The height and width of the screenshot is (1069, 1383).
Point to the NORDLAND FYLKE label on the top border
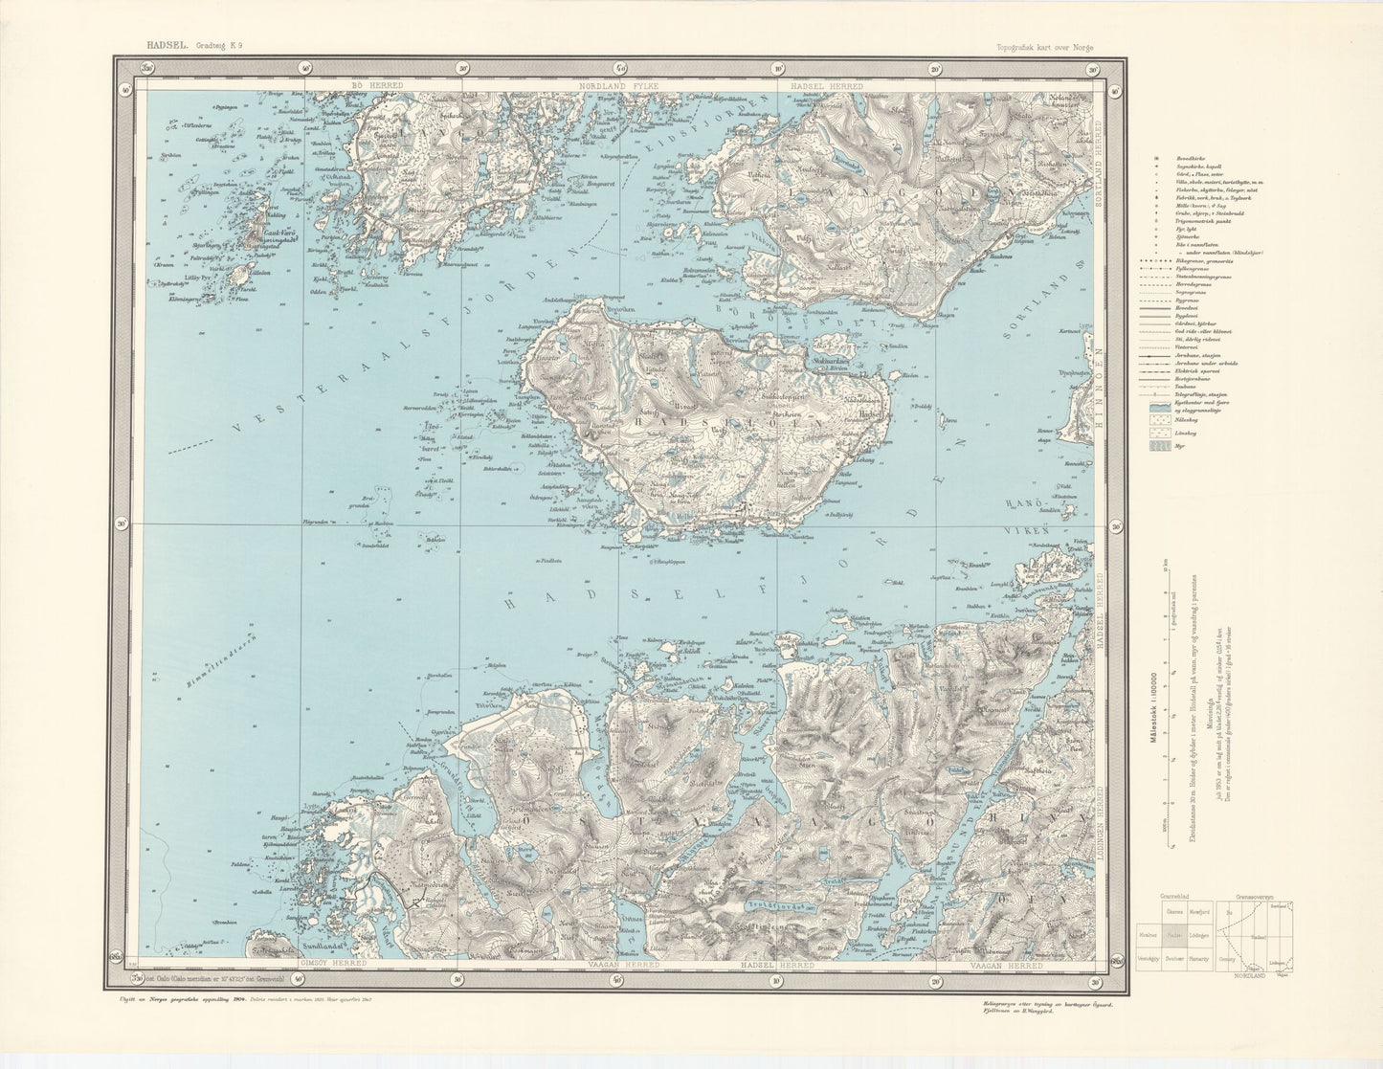pos(620,86)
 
